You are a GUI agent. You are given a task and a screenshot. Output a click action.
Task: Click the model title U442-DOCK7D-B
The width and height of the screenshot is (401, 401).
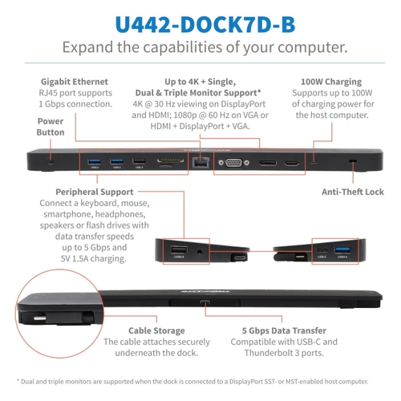coord(205,24)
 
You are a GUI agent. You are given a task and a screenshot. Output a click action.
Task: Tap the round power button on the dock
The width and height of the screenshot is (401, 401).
coord(51,161)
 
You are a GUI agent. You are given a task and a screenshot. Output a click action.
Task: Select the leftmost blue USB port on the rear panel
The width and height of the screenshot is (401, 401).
coord(95,161)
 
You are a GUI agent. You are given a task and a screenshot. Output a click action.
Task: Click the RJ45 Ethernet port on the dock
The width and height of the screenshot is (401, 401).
coord(200,162)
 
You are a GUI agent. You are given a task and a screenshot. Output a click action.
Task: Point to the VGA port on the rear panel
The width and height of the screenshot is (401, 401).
coord(233,162)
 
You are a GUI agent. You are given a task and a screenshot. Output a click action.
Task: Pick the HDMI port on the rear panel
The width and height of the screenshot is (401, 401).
coord(291,163)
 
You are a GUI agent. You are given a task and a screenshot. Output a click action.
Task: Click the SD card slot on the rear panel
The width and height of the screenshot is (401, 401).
coord(170,161)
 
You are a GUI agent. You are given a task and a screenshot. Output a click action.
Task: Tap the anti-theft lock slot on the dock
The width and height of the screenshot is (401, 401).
coord(353,161)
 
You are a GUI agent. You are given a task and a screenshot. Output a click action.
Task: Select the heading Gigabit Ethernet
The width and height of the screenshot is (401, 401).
coord(75,82)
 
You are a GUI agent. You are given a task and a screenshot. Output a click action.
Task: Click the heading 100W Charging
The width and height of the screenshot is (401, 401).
coord(331,82)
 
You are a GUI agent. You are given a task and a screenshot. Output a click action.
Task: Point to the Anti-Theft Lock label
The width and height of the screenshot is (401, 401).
coord(353,192)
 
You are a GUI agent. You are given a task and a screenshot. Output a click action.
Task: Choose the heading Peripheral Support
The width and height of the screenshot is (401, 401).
coord(95,192)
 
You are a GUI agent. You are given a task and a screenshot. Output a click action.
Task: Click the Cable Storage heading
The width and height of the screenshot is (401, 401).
coord(156,330)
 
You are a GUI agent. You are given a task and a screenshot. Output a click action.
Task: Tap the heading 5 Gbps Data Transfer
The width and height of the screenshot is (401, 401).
coord(284,330)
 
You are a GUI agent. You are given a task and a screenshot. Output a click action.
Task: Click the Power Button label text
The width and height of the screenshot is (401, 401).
coord(51,127)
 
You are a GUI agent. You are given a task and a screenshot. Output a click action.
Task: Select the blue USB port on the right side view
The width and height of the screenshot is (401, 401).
coord(342,250)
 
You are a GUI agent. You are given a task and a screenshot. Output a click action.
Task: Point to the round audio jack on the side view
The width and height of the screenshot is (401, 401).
coord(200,252)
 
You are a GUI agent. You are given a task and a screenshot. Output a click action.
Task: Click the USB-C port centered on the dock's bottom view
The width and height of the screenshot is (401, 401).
coord(205,303)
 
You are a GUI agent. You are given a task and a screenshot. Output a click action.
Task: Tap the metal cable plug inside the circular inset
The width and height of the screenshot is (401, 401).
coord(39,318)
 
